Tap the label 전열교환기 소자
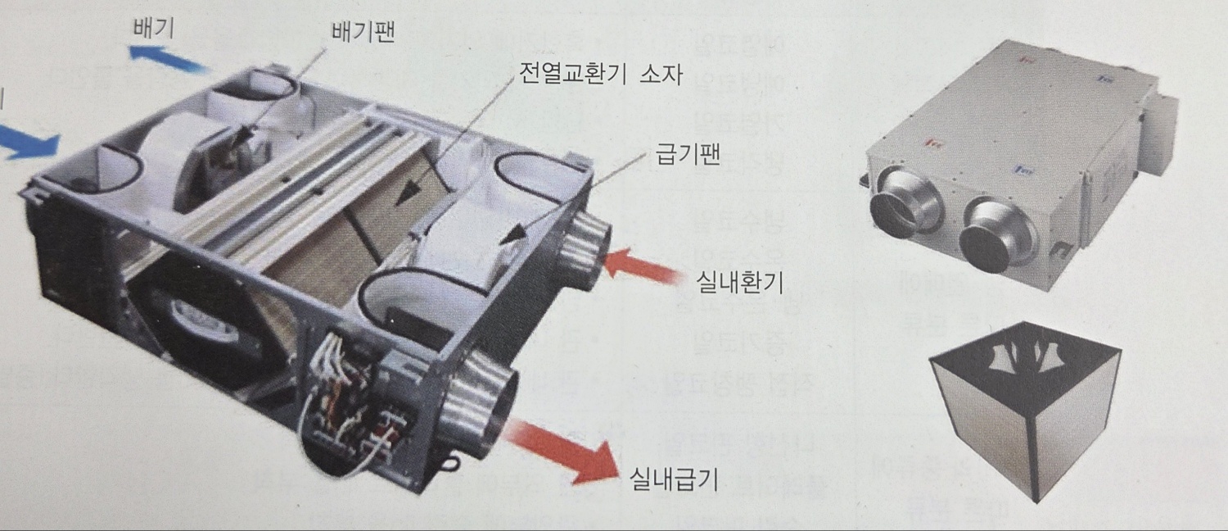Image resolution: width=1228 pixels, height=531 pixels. tap(600, 76)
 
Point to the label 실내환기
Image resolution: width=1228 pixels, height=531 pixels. tap(739, 284)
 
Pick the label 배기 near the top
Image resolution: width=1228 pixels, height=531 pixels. tap(153, 29)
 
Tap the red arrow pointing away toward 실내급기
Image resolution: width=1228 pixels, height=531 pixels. tap(561, 448)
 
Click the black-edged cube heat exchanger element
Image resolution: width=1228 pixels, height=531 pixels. tap(1023, 406)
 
